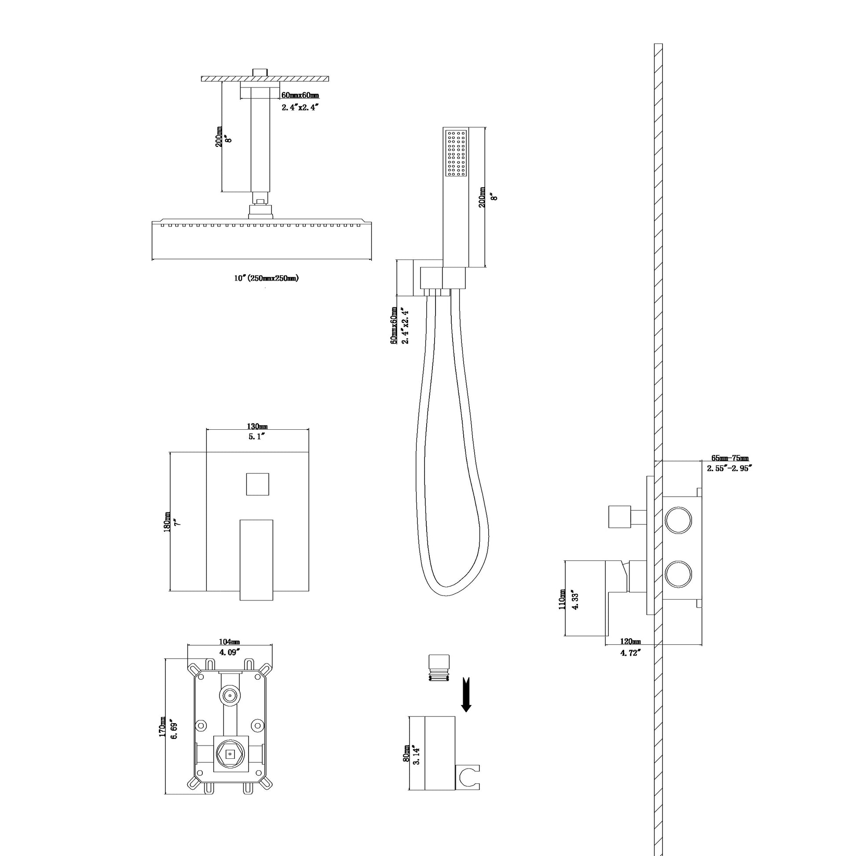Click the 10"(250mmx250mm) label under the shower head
[266, 278]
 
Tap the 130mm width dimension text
[257, 426]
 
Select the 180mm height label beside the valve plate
[168, 522]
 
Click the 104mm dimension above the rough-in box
[229, 641]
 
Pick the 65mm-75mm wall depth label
[730, 458]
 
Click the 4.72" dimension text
[630, 653]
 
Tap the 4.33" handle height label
[575, 600]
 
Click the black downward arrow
[466, 694]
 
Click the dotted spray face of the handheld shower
[456, 153]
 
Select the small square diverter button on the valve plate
[257, 484]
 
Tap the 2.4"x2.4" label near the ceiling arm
[300, 107]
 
